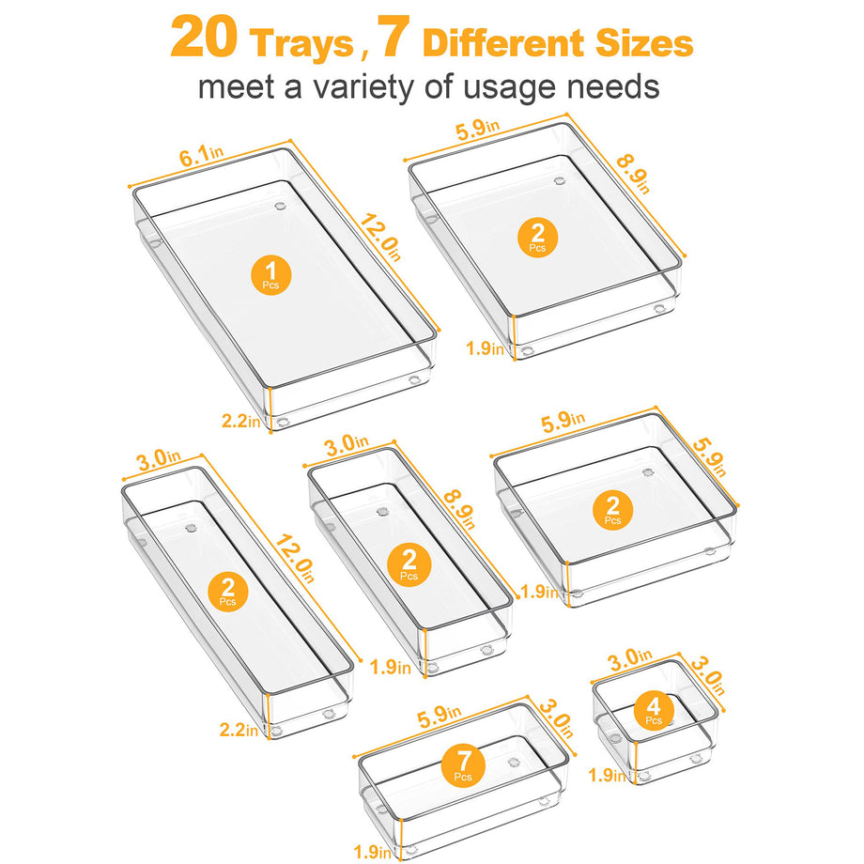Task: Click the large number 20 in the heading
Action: [204, 38]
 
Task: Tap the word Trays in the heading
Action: [301, 43]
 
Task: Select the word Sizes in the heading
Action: [643, 43]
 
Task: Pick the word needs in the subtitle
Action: [612, 87]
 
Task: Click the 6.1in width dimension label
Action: [201, 155]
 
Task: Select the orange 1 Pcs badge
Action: [270, 274]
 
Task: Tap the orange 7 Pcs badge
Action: [463, 764]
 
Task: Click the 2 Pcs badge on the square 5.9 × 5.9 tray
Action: [612, 510]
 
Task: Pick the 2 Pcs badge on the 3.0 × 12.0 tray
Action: [227, 592]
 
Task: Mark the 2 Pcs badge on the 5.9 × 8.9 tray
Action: [537, 238]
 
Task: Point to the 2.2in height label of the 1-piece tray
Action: [240, 421]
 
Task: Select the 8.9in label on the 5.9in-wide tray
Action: [633, 174]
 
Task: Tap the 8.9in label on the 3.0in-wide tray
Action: [459, 509]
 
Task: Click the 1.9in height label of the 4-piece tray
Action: [607, 775]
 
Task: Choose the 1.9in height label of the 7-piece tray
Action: [372, 852]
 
